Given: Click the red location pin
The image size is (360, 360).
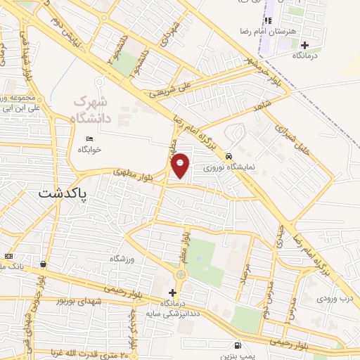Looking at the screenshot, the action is pyautogui.click(x=181, y=165).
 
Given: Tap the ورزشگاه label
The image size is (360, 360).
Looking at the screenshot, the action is pyautogui.click(x=121, y=259).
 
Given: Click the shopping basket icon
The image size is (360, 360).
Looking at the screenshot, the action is pyautogui.click(x=44, y=264).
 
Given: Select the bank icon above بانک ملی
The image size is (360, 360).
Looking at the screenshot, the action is pyautogui.click(x=8, y=256).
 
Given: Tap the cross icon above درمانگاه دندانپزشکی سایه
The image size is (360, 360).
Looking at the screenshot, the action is pyautogui.click(x=173, y=292).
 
